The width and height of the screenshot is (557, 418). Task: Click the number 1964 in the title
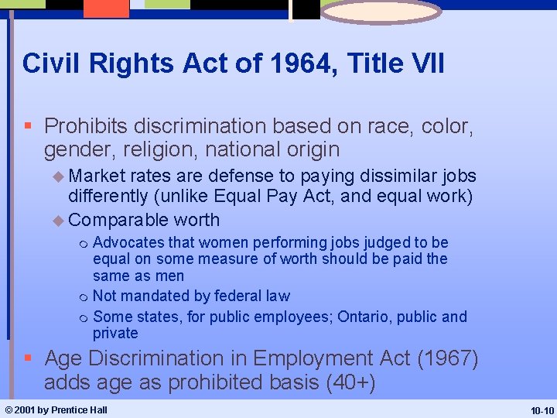(x=295, y=63)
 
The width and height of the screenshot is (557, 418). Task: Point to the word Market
(x=98, y=176)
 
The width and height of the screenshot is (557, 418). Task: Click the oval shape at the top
(x=381, y=12)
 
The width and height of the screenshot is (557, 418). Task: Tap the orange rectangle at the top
(x=106, y=8)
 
